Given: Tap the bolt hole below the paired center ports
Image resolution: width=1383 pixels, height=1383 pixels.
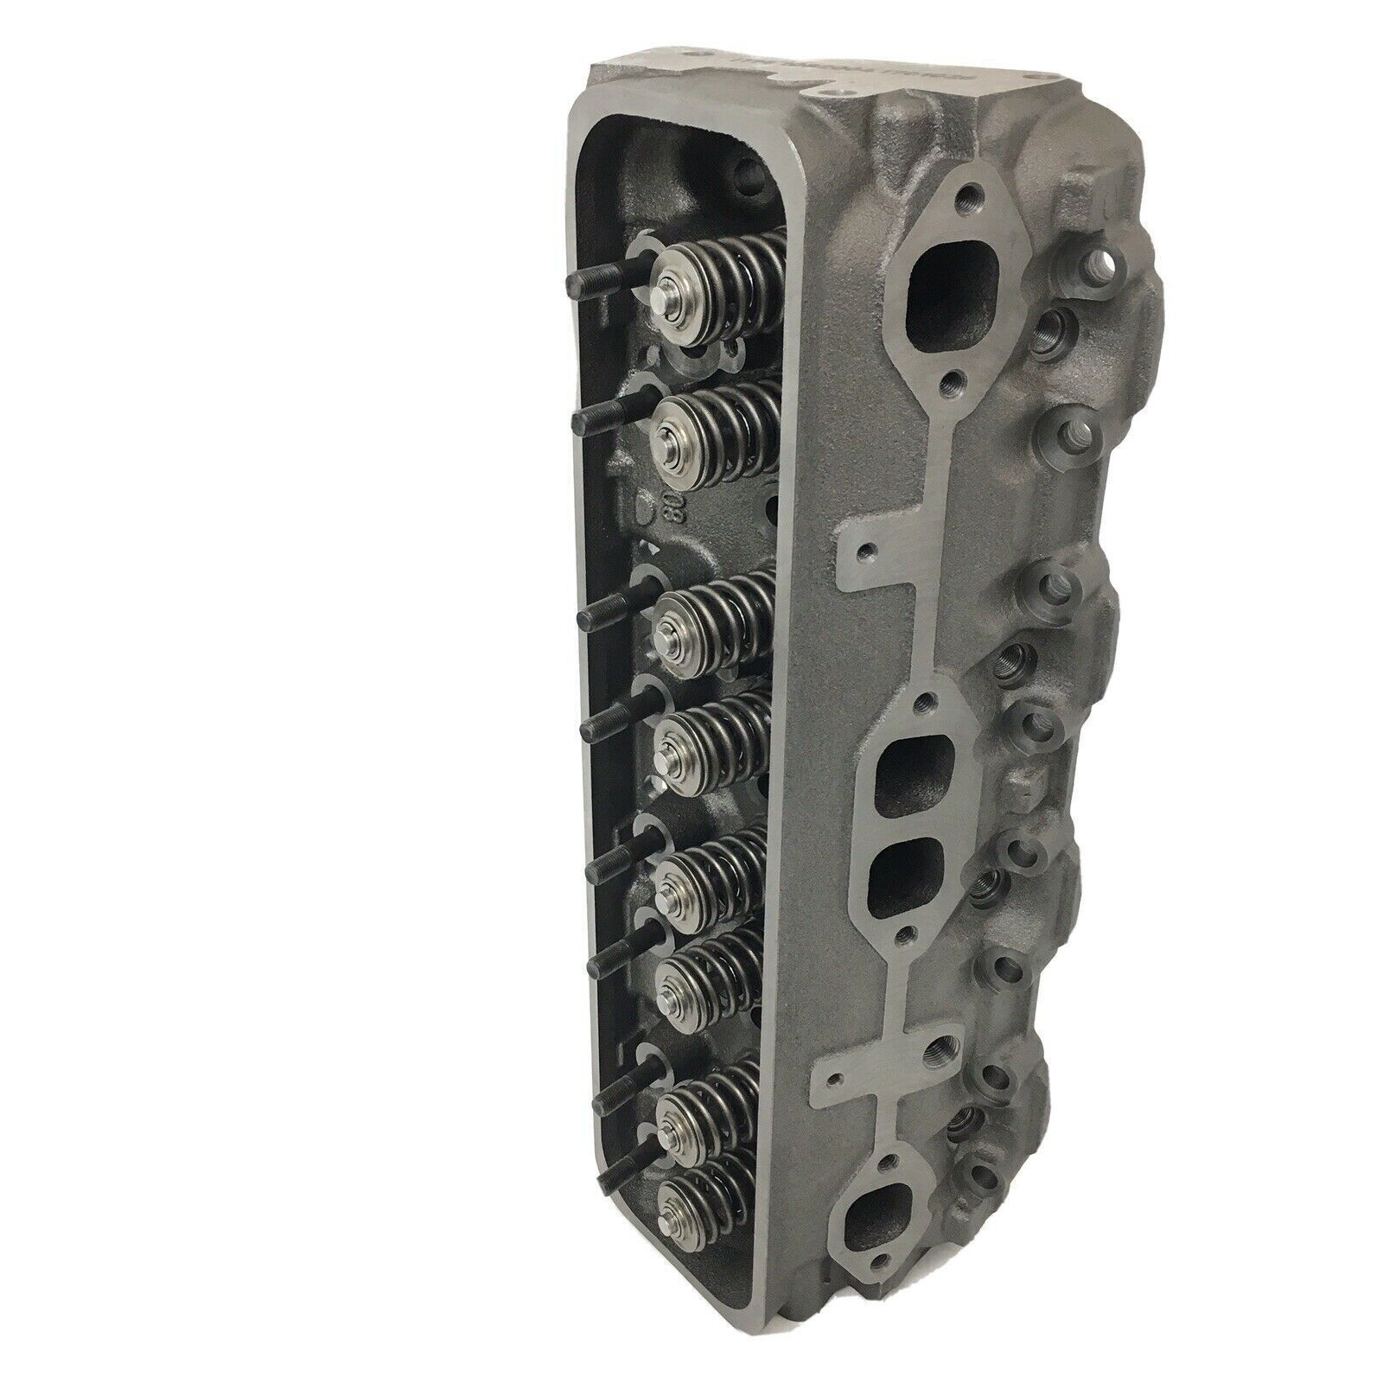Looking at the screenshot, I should (906, 934).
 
